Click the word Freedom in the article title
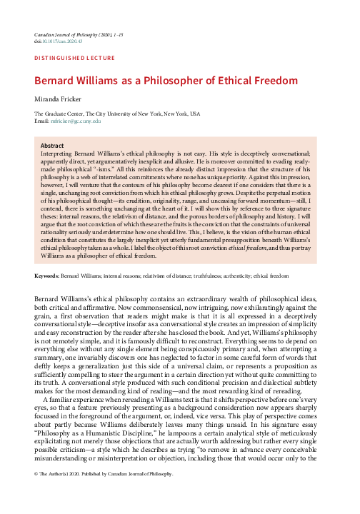[x=297, y=80]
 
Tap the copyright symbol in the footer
[x=36, y=494]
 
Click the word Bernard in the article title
[x=59, y=80]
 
